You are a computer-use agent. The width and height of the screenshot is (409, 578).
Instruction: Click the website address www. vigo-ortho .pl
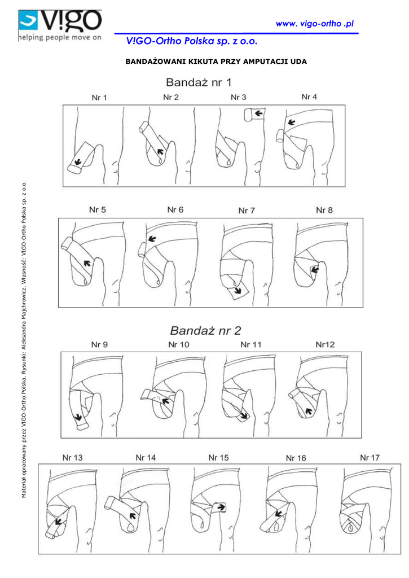pyautogui.click(x=314, y=23)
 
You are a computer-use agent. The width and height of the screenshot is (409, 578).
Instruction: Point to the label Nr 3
pyautogui.click(x=238, y=98)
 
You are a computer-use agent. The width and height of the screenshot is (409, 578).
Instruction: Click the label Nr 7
pyautogui.click(x=247, y=211)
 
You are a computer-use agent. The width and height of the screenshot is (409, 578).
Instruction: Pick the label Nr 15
pyautogui.click(x=218, y=458)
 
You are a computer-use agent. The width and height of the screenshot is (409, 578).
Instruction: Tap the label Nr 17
pyautogui.click(x=370, y=457)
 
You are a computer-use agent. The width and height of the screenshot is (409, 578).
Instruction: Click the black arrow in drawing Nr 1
pyautogui.click(x=78, y=161)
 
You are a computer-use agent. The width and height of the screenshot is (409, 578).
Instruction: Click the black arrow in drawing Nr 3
pyautogui.click(x=258, y=114)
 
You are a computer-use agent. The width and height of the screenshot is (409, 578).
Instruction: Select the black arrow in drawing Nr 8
pyautogui.click(x=315, y=270)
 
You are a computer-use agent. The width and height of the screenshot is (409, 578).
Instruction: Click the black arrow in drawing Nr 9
pyautogui.click(x=80, y=419)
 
